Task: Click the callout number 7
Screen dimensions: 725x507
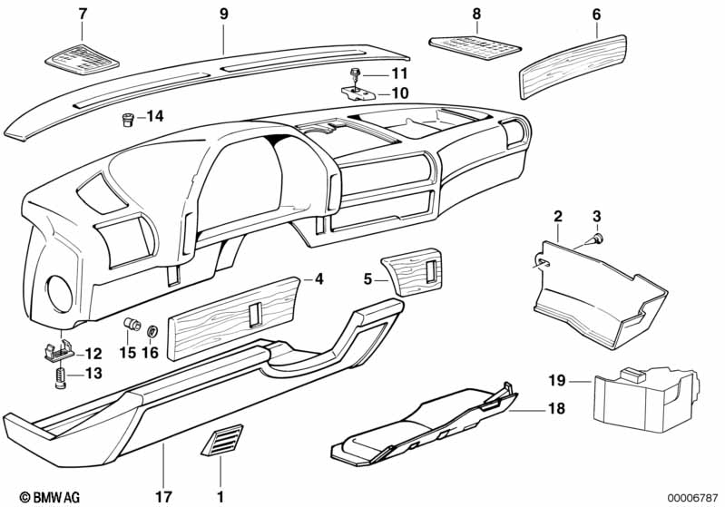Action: [x=83, y=15]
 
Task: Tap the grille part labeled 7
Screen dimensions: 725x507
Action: [x=83, y=59]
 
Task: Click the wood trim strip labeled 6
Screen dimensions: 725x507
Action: [x=573, y=66]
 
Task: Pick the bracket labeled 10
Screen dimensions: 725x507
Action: [x=359, y=93]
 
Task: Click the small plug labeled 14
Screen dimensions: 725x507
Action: [x=127, y=119]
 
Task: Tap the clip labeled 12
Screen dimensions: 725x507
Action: [x=59, y=351]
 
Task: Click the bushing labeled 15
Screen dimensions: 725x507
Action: [x=132, y=324]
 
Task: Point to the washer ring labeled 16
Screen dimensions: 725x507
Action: [x=152, y=331]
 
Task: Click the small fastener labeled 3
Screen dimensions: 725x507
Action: [x=598, y=239]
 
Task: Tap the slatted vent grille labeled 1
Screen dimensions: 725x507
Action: [x=222, y=440]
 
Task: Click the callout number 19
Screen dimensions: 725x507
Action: [x=557, y=380]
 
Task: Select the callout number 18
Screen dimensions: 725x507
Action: [x=557, y=408]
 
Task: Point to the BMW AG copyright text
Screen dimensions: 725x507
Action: [x=50, y=497]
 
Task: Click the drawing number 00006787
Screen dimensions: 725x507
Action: [x=692, y=497]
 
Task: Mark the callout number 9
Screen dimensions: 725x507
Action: [x=224, y=14]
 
